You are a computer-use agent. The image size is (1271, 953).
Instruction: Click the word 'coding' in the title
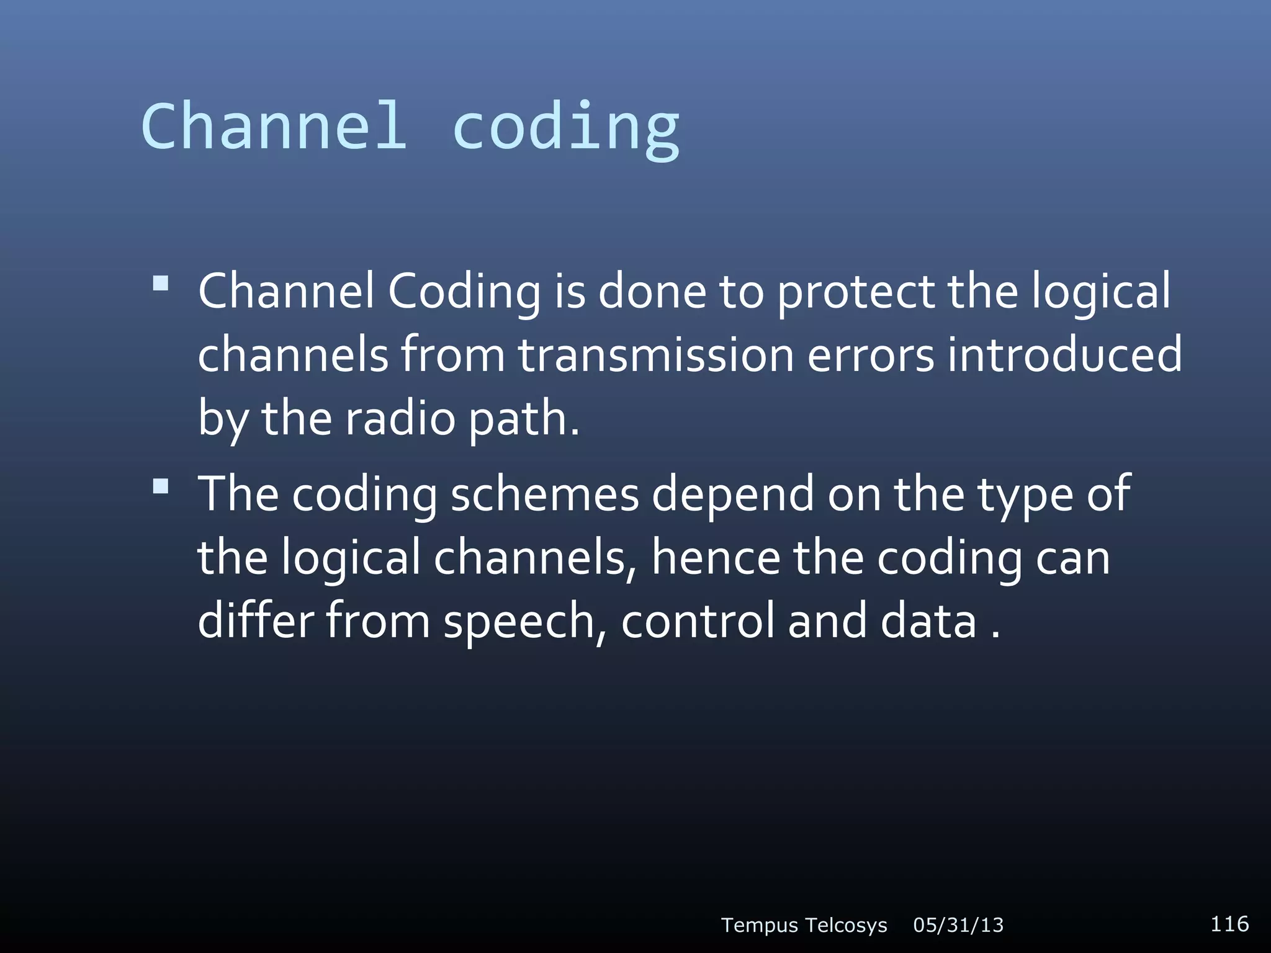click(x=566, y=127)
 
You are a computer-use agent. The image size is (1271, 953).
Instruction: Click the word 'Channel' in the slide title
click(x=274, y=126)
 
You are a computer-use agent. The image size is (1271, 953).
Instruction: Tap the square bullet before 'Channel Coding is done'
click(x=161, y=284)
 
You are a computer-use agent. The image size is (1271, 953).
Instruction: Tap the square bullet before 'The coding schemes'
click(x=161, y=486)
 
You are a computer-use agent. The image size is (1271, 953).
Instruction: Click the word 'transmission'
click(x=656, y=355)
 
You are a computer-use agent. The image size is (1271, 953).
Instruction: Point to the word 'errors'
click(x=870, y=356)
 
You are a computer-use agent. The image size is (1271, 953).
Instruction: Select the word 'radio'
click(x=400, y=418)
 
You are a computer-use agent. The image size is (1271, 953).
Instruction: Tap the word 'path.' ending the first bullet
click(x=524, y=419)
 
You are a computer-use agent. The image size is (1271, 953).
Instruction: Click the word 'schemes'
click(x=544, y=494)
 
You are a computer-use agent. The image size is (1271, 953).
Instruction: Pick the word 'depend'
click(x=732, y=494)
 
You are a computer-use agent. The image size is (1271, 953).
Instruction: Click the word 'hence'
click(x=716, y=558)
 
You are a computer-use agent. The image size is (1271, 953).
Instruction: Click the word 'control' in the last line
click(x=698, y=621)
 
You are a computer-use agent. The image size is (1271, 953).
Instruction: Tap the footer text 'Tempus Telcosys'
click(x=804, y=925)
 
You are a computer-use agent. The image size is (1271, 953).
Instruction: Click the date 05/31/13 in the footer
click(x=958, y=925)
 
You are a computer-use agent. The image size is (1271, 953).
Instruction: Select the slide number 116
click(x=1229, y=923)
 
